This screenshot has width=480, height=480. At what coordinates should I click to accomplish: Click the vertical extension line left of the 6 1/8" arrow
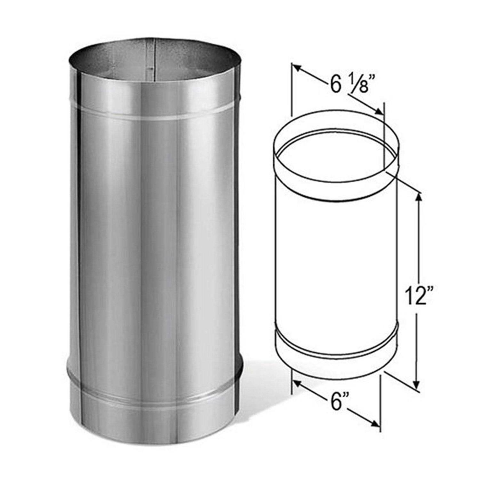pyautogui.click(x=292, y=90)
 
